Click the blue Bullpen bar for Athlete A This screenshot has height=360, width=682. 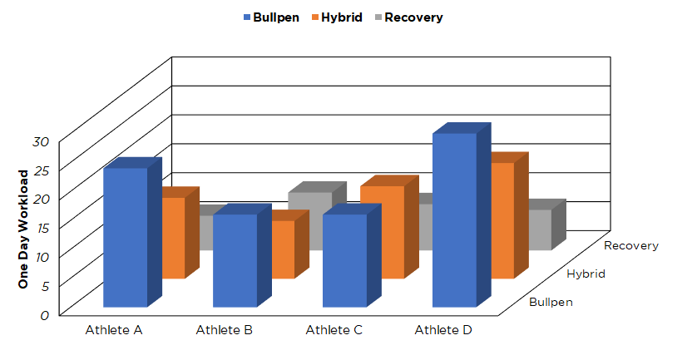click(125, 237)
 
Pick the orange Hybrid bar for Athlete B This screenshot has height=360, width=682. click(284, 249)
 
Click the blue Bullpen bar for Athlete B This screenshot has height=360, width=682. click(235, 259)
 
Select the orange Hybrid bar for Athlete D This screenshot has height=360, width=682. click(502, 220)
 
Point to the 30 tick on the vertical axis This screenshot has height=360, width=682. click(42, 141)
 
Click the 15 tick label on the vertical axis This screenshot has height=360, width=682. click(42, 227)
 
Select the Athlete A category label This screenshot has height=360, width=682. click(114, 330)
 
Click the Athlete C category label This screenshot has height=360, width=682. click(334, 330)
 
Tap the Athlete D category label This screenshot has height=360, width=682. click(444, 330)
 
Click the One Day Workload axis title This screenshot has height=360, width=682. click(23, 229)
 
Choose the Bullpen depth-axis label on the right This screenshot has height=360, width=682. click(551, 302)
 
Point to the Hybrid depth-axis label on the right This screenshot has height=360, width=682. click(586, 274)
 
